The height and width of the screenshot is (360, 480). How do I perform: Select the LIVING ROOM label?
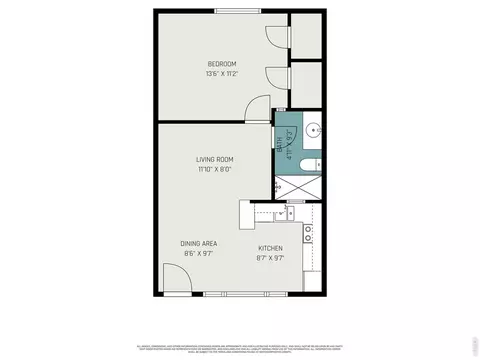(214, 159)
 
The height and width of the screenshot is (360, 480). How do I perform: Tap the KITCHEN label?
(271, 248)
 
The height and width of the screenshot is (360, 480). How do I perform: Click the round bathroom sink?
(313, 130)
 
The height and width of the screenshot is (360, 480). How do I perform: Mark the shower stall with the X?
(298, 188)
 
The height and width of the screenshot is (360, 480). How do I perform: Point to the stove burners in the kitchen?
(311, 237)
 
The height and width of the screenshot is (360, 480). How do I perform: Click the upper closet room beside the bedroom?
(306, 37)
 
